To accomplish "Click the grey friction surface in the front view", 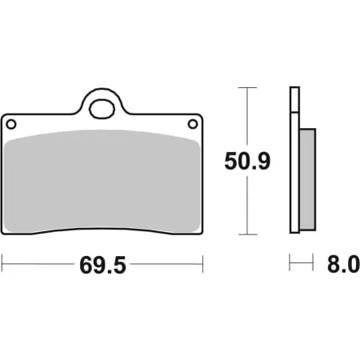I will tap(102, 180).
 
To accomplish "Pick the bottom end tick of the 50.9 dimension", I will tap(248, 234).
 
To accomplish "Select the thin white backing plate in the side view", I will tap(294, 160).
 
